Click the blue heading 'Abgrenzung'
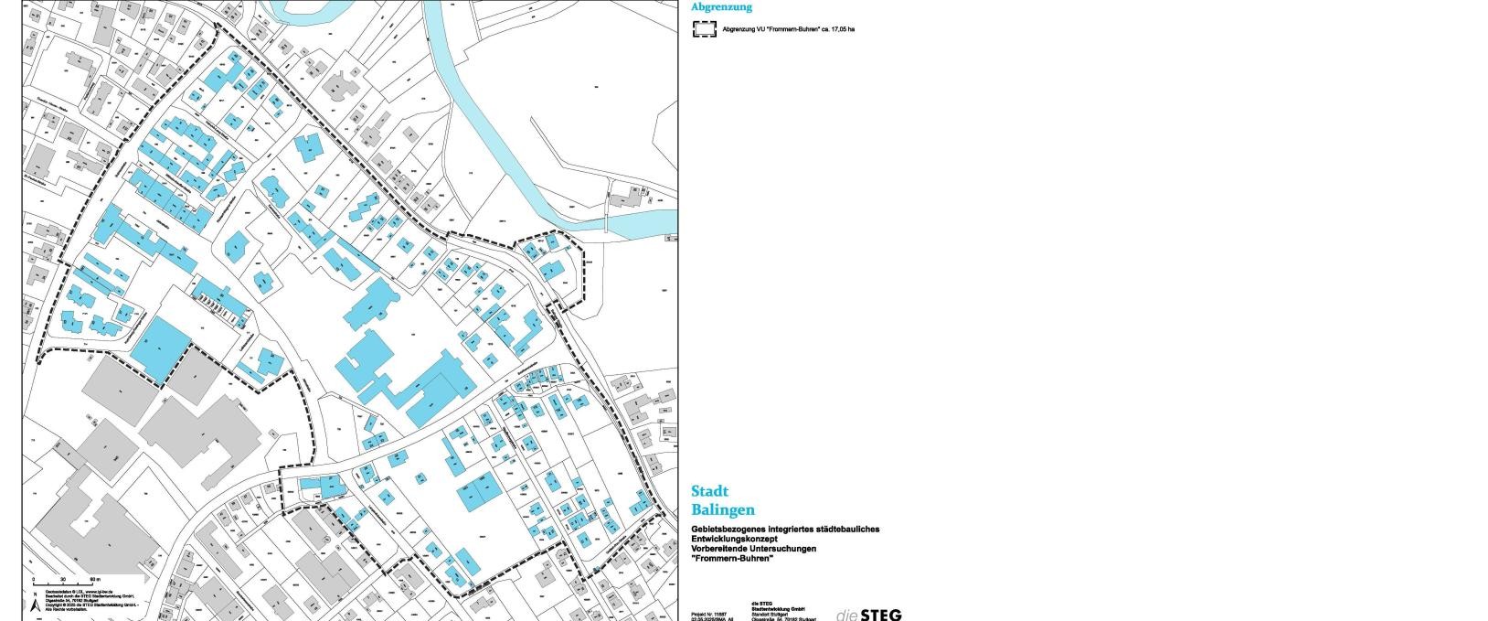[x=721, y=7]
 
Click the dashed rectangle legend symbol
[x=704, y=29]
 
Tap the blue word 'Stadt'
[x=709, y=491]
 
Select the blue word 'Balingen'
[x=723, y=509]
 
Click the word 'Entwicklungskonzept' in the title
[x=734, y=539]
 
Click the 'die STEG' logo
[x=868, y=615]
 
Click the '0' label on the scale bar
[x=34, y=580]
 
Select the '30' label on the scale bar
[x=63, y=580]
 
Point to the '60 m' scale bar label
[x=94, y=580]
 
